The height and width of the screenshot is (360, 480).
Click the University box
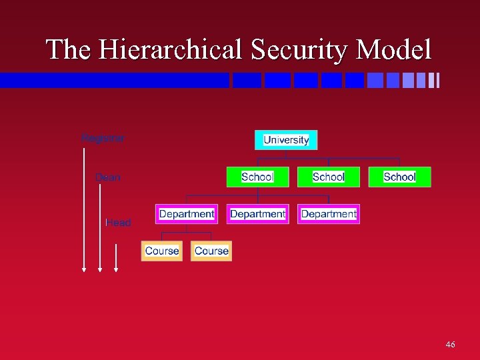[286, 140]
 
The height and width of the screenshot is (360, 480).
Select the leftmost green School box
[257, 177]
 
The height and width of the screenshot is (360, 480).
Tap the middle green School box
[328, 177]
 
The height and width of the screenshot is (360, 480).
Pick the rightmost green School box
[399, 177]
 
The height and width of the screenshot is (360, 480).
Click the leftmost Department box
[187, 214]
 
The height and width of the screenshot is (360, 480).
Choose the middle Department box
[257, 214]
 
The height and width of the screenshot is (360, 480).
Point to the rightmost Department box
[329, 214]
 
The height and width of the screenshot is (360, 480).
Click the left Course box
[161, 251]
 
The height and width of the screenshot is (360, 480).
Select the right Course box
[211, 251]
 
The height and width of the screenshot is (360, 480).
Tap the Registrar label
[103, 138]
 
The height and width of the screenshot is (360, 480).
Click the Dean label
[108, 177]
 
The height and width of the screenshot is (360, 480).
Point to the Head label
[119, 223]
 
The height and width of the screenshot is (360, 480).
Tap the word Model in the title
[393, 50]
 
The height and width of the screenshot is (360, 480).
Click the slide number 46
[450, 344]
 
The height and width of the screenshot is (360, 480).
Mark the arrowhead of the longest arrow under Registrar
[84, 269]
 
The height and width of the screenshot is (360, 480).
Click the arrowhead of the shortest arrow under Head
[116, 269]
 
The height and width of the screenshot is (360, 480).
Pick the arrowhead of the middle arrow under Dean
[100, 269]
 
